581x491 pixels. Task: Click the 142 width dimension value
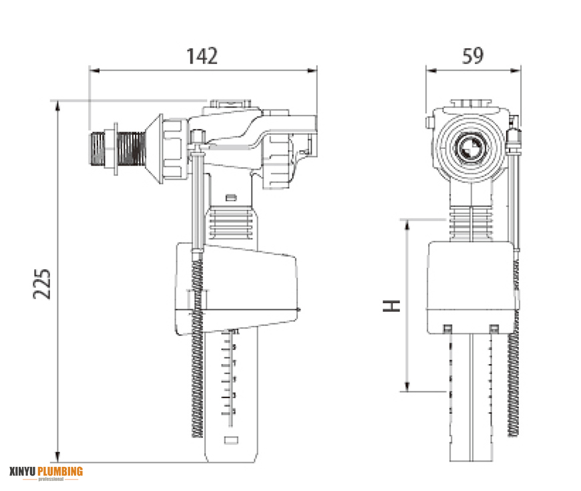[202, 56]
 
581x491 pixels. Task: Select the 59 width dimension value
[472, 56]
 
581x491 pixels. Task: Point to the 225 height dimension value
[43, 284]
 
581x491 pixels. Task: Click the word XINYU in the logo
[23, 472]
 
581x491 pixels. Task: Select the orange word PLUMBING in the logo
[60, 472]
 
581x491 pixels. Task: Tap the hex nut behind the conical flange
[175, 148]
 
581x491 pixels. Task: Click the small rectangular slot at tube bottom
[230, 440]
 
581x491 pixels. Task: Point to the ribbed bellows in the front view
[472, 224]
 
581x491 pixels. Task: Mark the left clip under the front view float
[447, 329]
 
